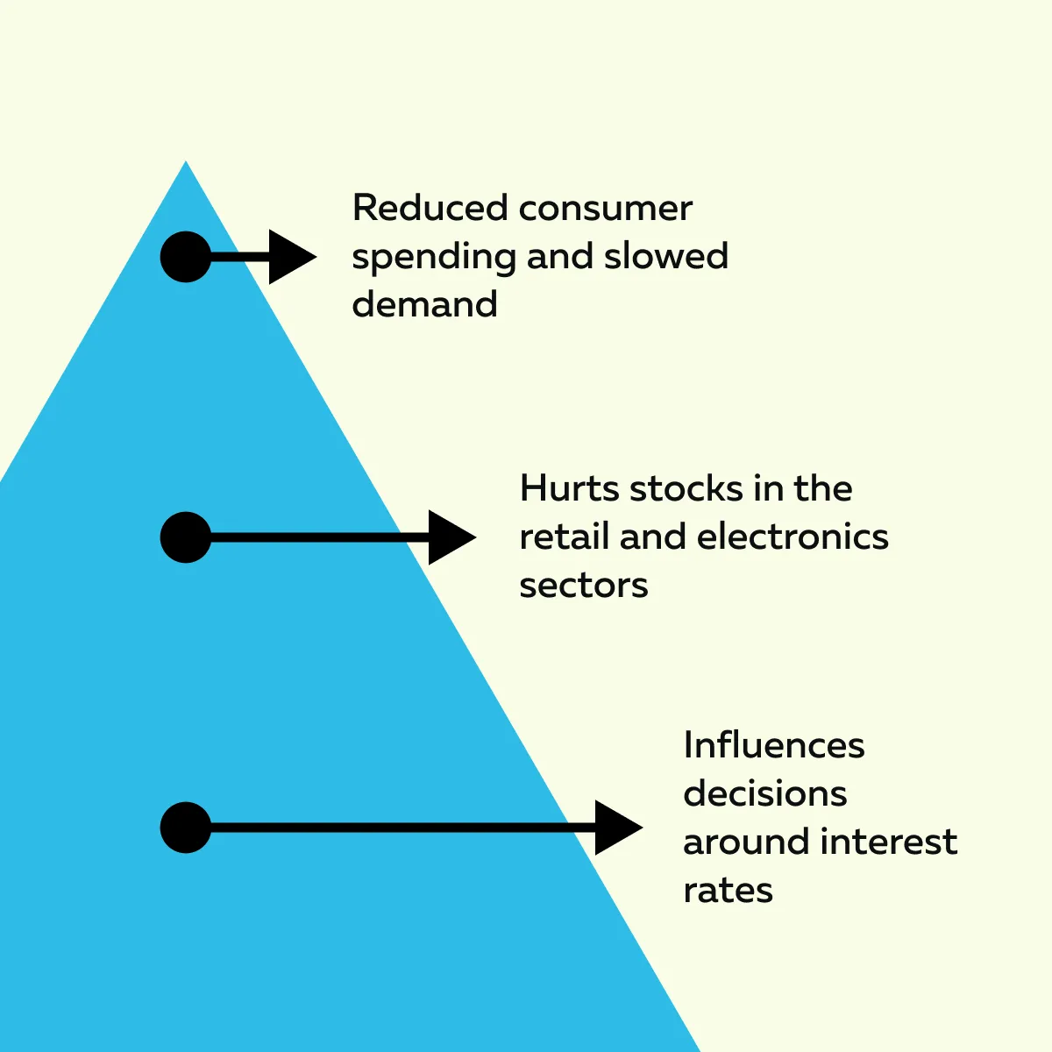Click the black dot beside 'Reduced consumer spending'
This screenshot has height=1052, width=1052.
pos(186,257)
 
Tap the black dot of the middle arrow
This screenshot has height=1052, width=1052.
pos(186,537)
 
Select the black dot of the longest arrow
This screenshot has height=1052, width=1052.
pos(186,828)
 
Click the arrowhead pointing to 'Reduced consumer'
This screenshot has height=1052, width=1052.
pos(293,257)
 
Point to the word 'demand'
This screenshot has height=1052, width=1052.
pos(424,303)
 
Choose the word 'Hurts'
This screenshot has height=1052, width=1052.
pos(569,487)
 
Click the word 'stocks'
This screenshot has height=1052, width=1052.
pos(686,487)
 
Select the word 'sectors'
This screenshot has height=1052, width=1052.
pos(584,586)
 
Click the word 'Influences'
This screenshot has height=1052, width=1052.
pos(774,745)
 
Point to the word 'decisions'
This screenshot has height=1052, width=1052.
pos(764,793)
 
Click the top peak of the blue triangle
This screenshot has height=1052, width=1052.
pos(186,161)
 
